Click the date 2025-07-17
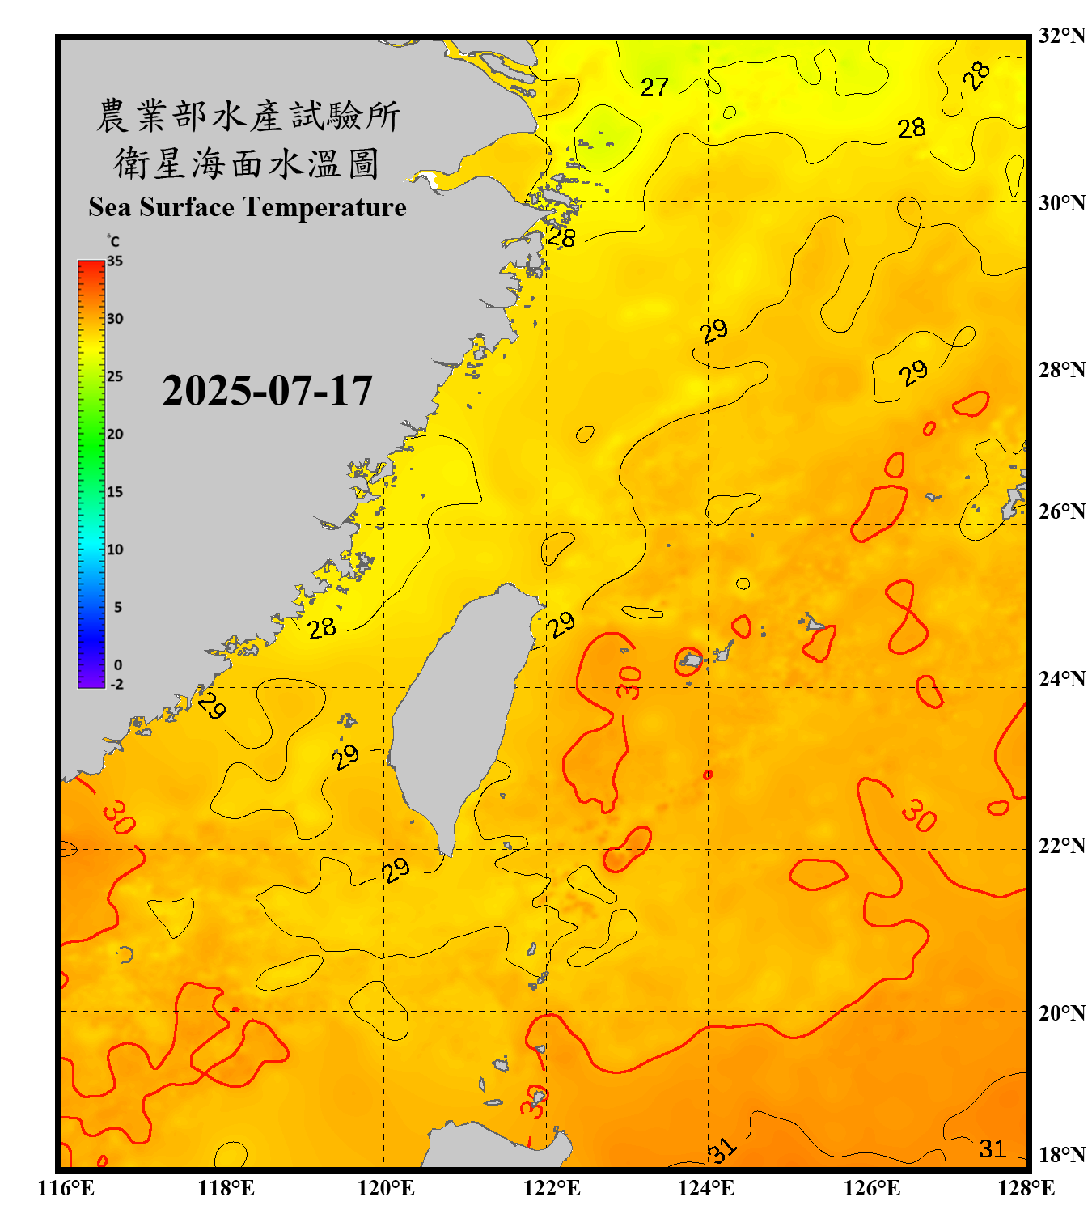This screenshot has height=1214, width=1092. [267, 391]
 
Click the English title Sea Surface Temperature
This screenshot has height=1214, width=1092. [248, 207]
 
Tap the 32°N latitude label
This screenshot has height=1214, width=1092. [1061, 36]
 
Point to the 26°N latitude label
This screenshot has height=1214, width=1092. [1061, 511]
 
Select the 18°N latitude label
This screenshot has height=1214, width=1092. [1061, 1155]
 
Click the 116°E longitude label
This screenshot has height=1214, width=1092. [66, 1188]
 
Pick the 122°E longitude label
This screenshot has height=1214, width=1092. [552, 1188]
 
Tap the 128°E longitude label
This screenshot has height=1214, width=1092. [1026, 1188]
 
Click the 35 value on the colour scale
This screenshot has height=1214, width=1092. [115, 261]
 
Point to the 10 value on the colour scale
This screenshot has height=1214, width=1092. [115, 550]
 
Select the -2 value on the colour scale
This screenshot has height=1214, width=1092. [116, 685]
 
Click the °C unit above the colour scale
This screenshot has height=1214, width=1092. [112, 241]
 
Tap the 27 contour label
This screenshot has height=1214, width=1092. [654, 87]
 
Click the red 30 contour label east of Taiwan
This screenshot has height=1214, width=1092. [629, 681]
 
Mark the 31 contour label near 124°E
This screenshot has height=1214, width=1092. [722, 1150]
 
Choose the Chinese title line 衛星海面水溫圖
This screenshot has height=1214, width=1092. [247, 163]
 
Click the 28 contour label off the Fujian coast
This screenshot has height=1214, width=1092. [322, 627]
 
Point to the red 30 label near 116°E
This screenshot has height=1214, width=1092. [119, 817]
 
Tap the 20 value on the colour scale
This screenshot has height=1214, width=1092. [115, 435]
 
